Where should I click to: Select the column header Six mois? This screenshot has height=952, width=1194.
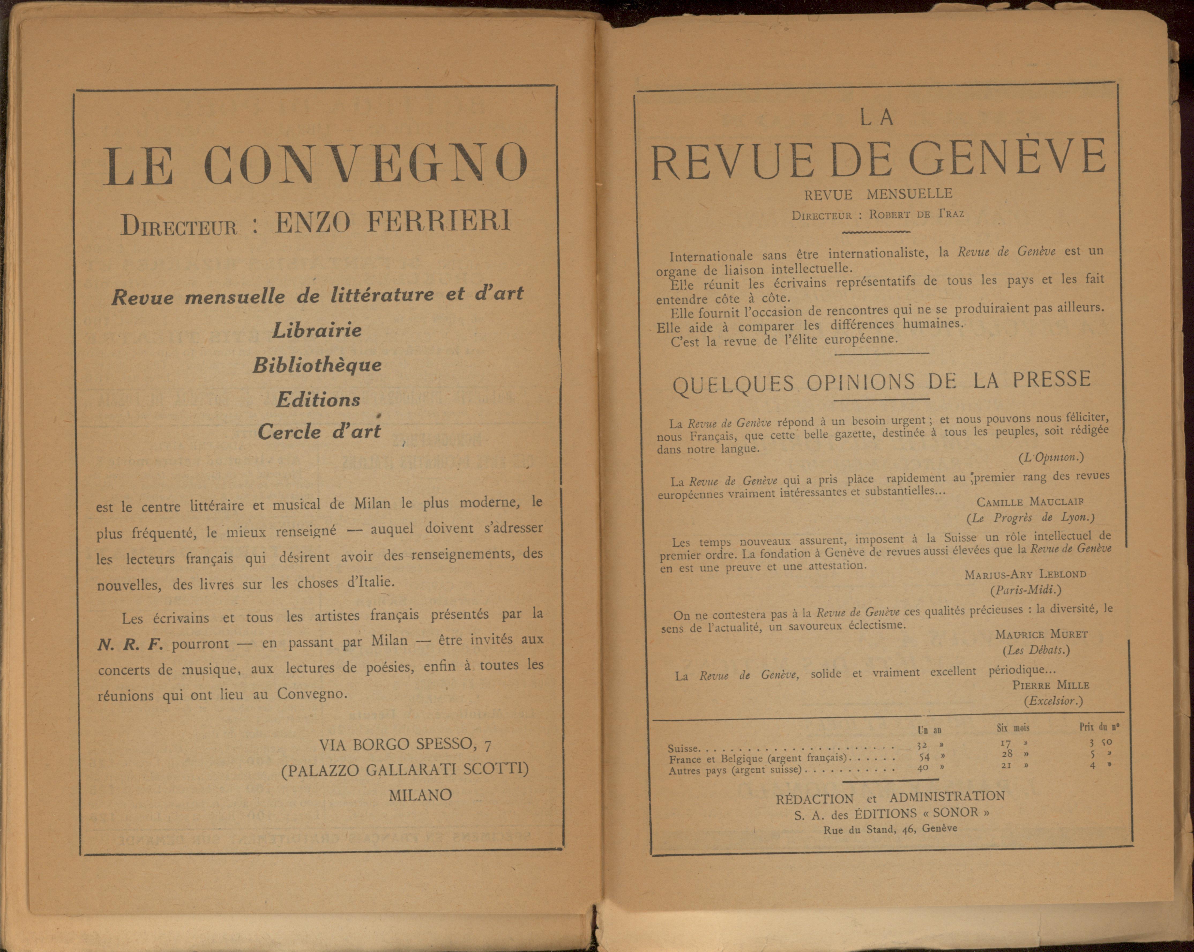pyautogui.click(x=1013, y=728)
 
